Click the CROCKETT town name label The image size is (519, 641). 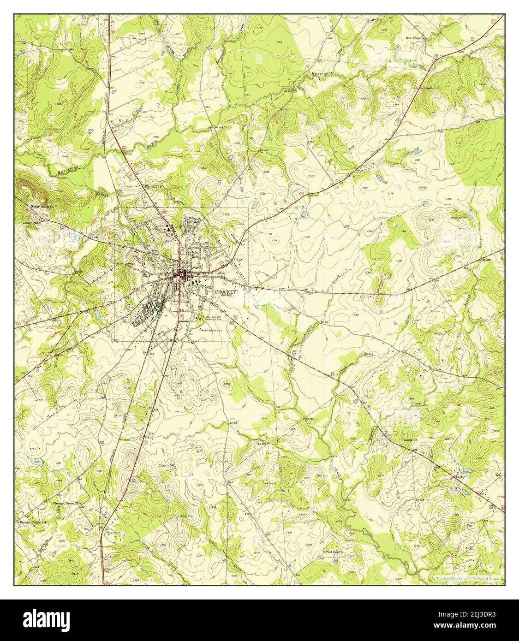pos(227,292)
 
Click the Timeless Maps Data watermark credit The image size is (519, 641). pos(467,577)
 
